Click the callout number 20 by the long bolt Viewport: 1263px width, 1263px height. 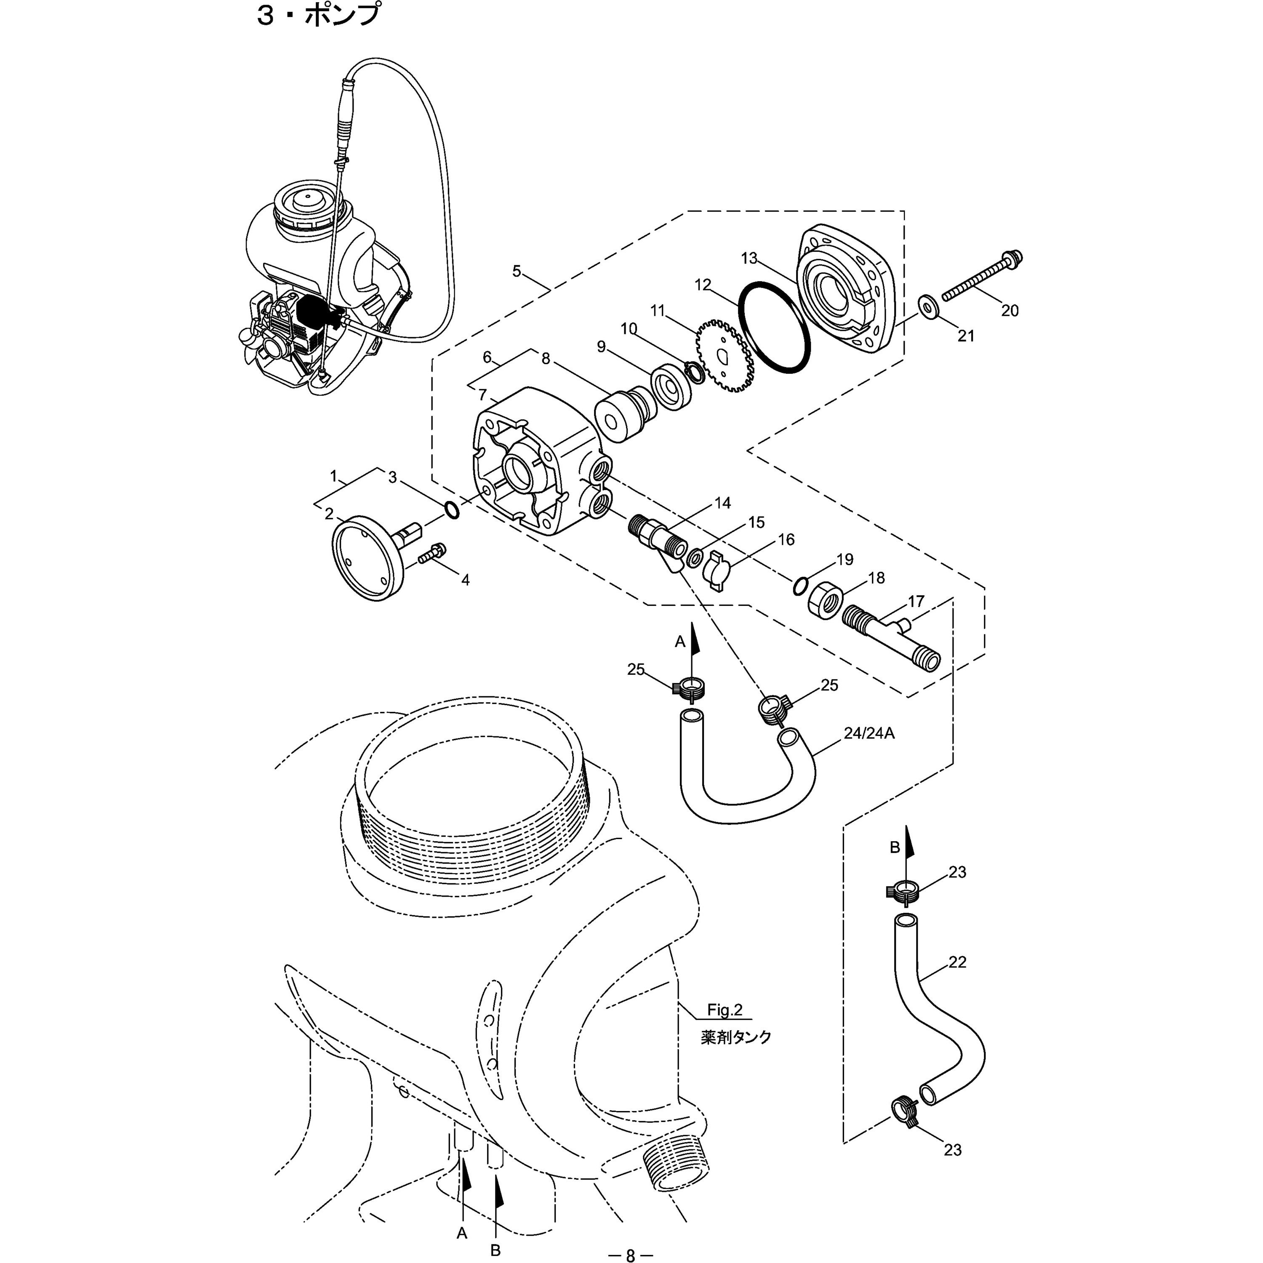1010,311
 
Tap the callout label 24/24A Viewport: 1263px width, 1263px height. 869,733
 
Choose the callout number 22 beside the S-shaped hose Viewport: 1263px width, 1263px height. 957,962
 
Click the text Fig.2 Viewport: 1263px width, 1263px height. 725,1010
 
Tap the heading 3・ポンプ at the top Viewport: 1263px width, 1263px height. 318,14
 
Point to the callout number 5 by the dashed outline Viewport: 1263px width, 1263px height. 517,271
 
